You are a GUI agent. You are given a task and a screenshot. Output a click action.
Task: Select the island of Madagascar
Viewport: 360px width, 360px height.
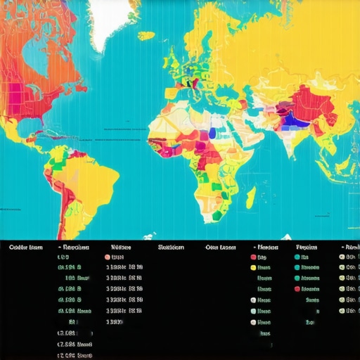coord(250,198)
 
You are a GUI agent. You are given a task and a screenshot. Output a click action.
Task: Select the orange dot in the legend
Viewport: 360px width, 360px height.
coord(108,257)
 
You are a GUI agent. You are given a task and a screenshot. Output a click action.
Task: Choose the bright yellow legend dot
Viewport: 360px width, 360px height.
coord(253,268)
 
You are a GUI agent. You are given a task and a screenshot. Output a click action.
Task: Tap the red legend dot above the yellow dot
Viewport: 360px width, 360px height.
coord(253,257)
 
